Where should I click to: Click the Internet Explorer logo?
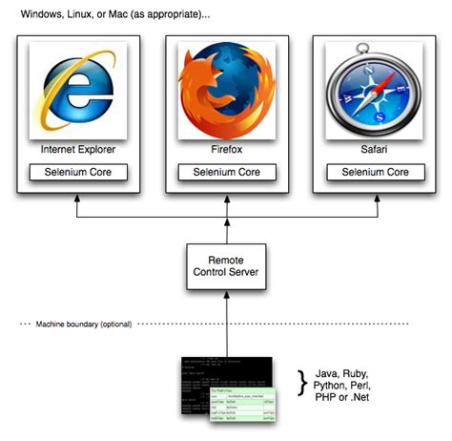(x=76, y=92)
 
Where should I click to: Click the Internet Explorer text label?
(x=76, y=150)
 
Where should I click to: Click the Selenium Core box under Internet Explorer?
(x=76, y=173)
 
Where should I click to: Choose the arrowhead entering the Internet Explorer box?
(x=76, y=197)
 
